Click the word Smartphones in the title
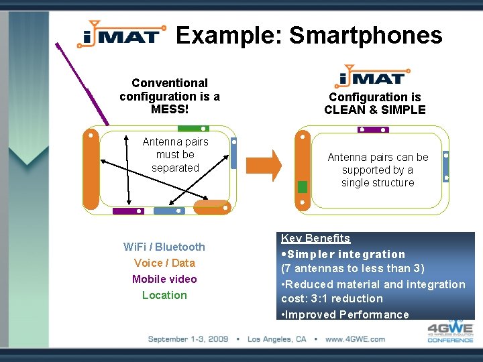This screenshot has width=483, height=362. pyautogui.click(x=366, y=35)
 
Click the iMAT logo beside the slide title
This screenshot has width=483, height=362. pyautogui.click(x=121, y=34)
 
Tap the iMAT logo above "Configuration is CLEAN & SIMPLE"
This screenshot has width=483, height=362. pyautogui.click(x=374, y=77)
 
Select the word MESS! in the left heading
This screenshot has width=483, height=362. pyautogui.click(x=169, y=109)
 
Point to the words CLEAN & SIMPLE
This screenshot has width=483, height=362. pyautogui.click(x=375, y=110)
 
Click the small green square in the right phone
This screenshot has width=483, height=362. pyautogui.click(x=303, y=186)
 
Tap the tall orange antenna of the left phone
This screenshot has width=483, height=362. pyautogui.click(x=91, y=168)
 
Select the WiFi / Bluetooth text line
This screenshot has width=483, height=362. pyautogui.click(x=164, y=247)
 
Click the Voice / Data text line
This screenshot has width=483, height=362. pyautogui.click(x=164, y=263)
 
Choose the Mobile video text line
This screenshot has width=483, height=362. pyautogui.click(x=164, y=279)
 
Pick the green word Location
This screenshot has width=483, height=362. pyautogui.click(x=164, y=295)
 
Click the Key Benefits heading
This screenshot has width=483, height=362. pyautogui.click(x=315, y=238)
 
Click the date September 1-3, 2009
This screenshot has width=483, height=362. pyautogui.click(x=188, y=339)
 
